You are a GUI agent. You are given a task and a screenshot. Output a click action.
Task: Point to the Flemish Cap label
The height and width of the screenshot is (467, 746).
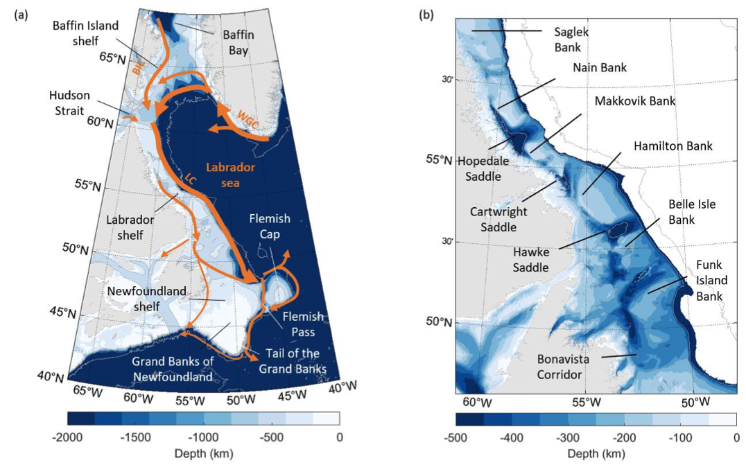(270, 226)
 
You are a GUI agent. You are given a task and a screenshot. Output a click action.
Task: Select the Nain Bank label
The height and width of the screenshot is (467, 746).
(600, 68)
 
